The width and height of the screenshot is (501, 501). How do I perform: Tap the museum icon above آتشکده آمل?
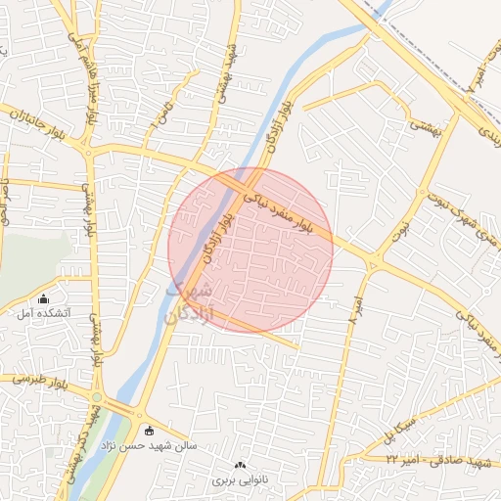click(x=42, y=298)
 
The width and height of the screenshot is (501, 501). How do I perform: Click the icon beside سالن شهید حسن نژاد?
click(x=149, y=431)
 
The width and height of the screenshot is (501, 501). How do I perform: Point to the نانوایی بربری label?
click(x=239, y=480)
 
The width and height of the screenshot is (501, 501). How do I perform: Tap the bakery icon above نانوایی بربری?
click(x=241, y=465)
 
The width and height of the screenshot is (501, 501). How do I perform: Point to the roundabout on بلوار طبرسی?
click(x=97, y=396)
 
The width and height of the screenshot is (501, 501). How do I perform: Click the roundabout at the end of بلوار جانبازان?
click(x=88, y=151)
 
